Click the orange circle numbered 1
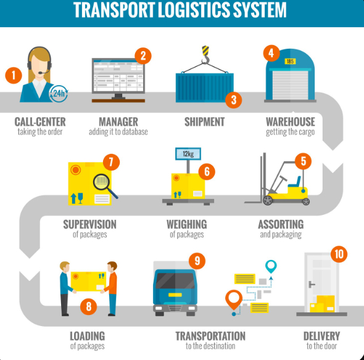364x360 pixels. tap(14, 75)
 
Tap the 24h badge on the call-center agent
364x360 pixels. tap(59, 93)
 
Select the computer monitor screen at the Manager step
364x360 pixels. tap(118, 76)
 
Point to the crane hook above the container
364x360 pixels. tap(205, 55)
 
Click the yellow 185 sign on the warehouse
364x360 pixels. tap(290, 61)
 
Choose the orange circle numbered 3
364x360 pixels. tap(234, 100)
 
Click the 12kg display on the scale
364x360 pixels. tap(188, 154)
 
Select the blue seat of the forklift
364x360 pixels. tap(294, 182)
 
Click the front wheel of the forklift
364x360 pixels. tap(268, 200)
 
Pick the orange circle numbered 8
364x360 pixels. tap(88, 306)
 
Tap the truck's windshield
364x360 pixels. tap(175, 281)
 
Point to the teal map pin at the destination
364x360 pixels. tap(271, 266)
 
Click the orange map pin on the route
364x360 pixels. tap(234, 299)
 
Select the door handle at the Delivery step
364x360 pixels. tap(311, 284)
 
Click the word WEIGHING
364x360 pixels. tap(187, 224)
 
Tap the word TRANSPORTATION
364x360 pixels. tap(210, 336)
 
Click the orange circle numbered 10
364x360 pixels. tap(339, 254)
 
